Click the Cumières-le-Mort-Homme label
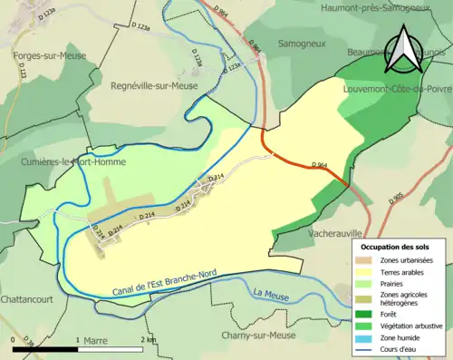(x=73, y=162)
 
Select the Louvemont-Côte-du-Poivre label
(x=398, y=89)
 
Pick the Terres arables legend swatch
(x=366, y=270)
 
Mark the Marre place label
(x=94, y=341)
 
